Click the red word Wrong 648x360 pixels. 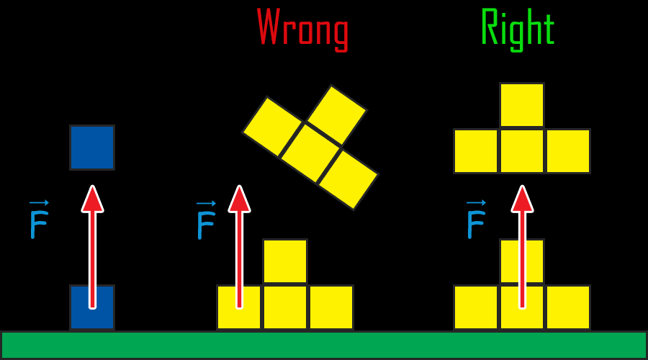click(302, 29)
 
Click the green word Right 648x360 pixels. click(517, 29)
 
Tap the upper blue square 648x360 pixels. click(92, 148)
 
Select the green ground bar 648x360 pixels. click(324, 345)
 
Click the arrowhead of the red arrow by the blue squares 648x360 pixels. click(92, 199)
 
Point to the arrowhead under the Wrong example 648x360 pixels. click(239, 199)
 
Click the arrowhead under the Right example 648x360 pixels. click(522, 199)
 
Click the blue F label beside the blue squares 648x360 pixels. click(39, 223)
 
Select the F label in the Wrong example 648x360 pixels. click(206, 223)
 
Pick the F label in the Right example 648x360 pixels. click(476, 223)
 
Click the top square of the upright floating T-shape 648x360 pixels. click(522, 105)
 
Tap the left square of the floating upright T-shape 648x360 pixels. click(476, 151)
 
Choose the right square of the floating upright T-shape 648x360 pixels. click(568, 151)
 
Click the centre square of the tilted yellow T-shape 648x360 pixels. click(310, 153)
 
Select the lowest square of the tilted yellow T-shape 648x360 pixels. click(348, 179)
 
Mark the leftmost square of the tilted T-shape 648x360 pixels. click(272, 127)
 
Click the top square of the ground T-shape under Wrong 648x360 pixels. click(285, 261)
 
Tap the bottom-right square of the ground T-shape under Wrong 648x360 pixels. click(331, 307)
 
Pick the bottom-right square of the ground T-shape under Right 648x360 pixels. click(568, 307)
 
